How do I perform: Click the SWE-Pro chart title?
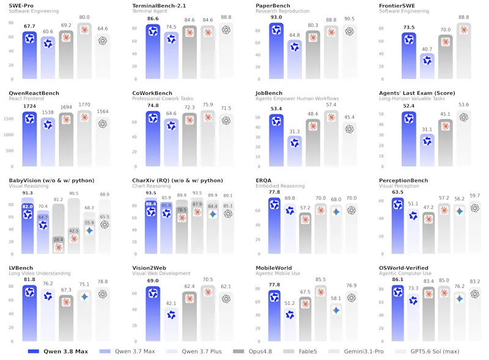coord(21,6)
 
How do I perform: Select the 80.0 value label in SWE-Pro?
coord(84,17)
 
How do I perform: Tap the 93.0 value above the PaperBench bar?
coord(276,17)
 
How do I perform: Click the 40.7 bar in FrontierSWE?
coord(427,66)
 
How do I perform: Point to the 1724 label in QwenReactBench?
coord(29,106)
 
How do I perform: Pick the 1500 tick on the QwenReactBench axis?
coord(9,119)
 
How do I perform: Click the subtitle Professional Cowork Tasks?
coord(163,98)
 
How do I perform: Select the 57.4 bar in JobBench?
coord(331,138)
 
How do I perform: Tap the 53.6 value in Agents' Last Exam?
coord(464,105)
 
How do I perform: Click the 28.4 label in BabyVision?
coord(58,240)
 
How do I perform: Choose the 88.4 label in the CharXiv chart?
coord(151,204)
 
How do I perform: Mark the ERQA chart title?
coord(263,180)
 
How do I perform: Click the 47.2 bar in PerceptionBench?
coord(428,233)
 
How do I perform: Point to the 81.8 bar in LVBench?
coord(29,313)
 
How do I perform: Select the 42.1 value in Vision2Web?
coord(171,303)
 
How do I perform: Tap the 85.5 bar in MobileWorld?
coord(320,313)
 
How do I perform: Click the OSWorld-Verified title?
coord(403,268)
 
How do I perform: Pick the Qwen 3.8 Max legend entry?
coord(58,351)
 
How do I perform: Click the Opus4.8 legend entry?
coord(252,351)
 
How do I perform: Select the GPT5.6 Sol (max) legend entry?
coord(427,351)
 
